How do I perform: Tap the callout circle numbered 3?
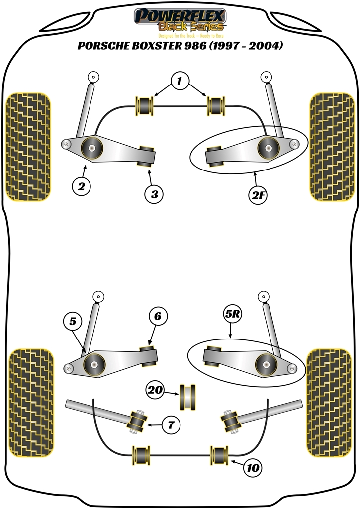pyautogui.click(x=155, y=194)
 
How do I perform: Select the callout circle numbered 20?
pyautogui.click(x=156, y=391)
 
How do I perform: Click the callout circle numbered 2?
pyautogui.click(x=82, y=187)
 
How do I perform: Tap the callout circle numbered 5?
pyautogui.click(x=73, y=322)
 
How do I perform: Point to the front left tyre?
pyautogui.click(x=28, y=147)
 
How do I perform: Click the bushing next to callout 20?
pyautogui.click(x=188, y=397)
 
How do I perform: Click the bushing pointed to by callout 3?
pyautogui.click(x=146, y=156)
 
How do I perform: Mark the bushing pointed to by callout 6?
pyautogui.click(x=150, y=354)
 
